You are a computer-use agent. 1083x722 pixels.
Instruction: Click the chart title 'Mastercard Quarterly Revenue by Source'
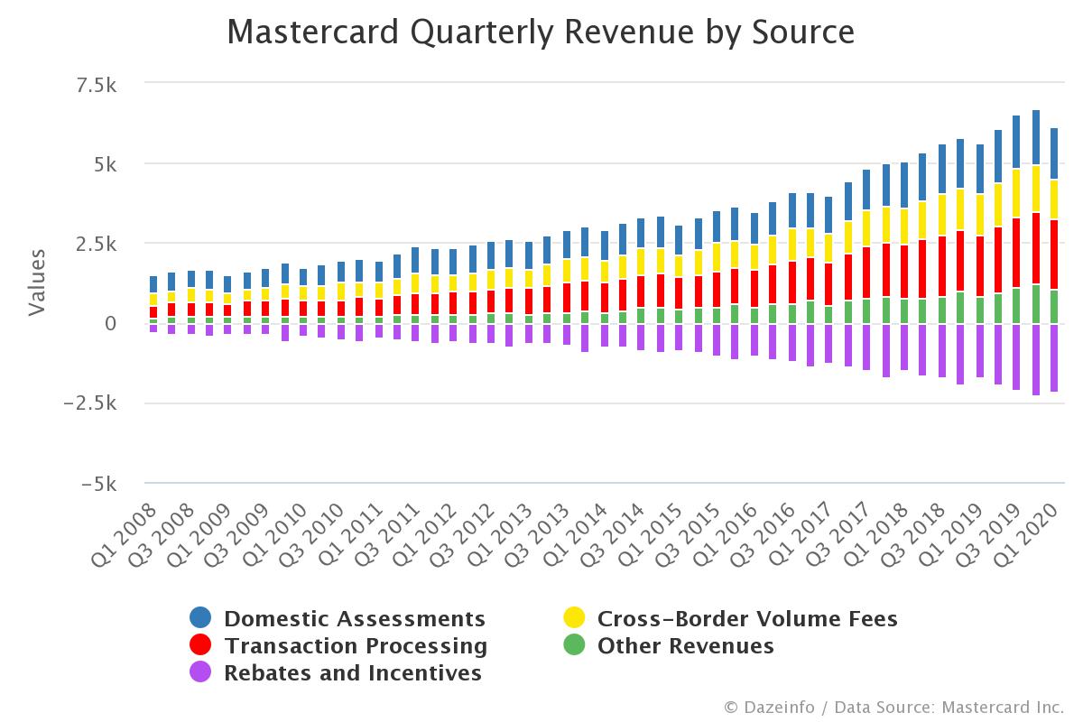click(x=541, y=32)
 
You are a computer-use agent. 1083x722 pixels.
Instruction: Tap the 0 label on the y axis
click(x=111, y=324)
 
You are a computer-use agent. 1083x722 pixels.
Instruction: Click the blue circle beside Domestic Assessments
click(x=200, y=618)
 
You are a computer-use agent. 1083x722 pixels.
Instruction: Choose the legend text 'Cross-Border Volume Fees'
click(x=747, y=618)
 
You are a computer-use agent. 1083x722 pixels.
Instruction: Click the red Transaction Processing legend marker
click(x=200, y=646)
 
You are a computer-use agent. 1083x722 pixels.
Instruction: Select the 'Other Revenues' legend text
click(x=685, y=646)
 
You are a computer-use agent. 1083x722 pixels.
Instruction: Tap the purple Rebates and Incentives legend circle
click(x=200, y=673)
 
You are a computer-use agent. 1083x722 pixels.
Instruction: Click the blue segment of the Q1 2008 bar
click(x=153, y=284)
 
